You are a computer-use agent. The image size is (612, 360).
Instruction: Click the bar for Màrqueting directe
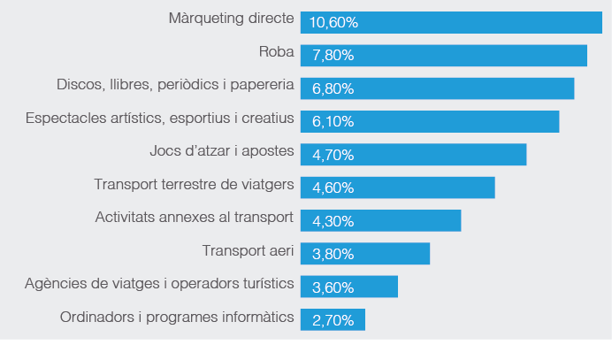[x=451, y=22]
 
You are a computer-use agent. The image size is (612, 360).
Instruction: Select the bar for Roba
[x=444, y=55]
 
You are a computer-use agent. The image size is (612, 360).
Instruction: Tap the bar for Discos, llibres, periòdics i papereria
[x=438, y=88]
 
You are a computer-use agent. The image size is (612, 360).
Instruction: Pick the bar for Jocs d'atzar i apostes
[x=414, y=155]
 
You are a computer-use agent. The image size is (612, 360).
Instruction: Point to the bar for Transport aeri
[x=365, y=254]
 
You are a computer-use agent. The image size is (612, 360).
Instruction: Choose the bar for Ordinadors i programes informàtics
[x=333, y=319]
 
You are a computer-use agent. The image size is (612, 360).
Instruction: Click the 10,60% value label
[x=334, y=22]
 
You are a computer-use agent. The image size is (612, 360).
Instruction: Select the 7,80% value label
[x=333, y=56]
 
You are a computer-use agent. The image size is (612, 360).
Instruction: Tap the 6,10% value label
[x=333, y=122]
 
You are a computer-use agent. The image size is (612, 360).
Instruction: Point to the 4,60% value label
[x=333, y=188]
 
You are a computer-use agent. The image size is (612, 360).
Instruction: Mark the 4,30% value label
[x=333, y=221]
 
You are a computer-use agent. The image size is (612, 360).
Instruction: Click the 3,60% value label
[x=333, y=287]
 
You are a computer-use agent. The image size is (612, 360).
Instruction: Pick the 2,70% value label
[x=333, y=320]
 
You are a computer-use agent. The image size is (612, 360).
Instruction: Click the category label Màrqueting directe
[x=231, y=19]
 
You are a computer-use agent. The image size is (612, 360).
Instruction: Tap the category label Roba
[x=276, y=51]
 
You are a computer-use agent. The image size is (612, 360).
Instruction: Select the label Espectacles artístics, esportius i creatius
[x=159, y=118]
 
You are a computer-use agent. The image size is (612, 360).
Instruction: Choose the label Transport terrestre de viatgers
[x=194, y=184]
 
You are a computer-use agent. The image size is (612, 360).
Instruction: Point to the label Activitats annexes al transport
[x=194, y=217]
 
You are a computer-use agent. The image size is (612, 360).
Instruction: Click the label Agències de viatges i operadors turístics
[x=159, y=283]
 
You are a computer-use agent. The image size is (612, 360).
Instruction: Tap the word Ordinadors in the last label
[x=94, y=316]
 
